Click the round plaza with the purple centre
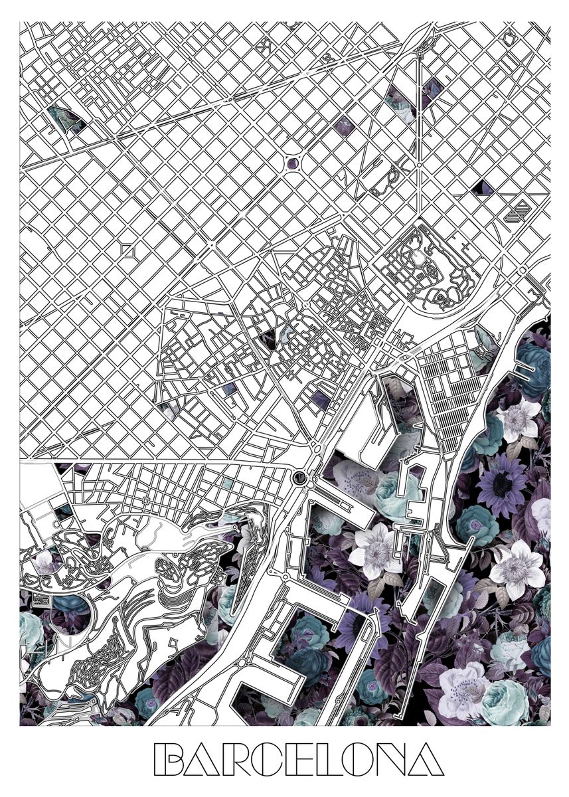[x=292, y=162]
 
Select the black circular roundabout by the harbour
[x=299, y=476]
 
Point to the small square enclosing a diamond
[x=128, y=250]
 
